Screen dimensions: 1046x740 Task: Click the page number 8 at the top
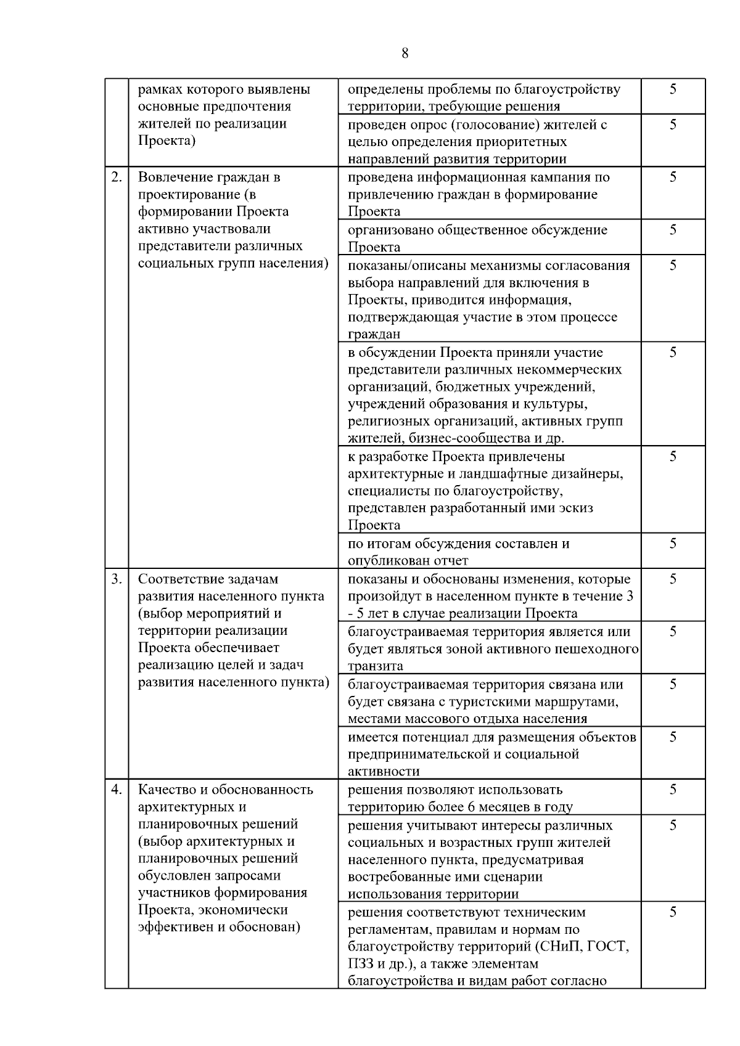click(405, 54)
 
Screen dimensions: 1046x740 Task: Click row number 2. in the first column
click(116, 178)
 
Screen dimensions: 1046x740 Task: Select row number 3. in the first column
click(116, 579)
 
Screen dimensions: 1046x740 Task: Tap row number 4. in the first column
click(116, 790)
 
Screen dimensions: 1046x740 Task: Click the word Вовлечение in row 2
click(175, 178)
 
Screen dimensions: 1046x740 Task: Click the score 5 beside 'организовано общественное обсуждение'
click(673, 230)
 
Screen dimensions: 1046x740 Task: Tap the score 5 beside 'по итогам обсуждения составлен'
click(673, 543)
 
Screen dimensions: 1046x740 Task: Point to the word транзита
click(376, 666)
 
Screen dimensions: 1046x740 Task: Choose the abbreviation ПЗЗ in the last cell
click(360, 964)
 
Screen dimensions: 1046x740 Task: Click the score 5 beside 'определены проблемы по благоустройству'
click(673, 89)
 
